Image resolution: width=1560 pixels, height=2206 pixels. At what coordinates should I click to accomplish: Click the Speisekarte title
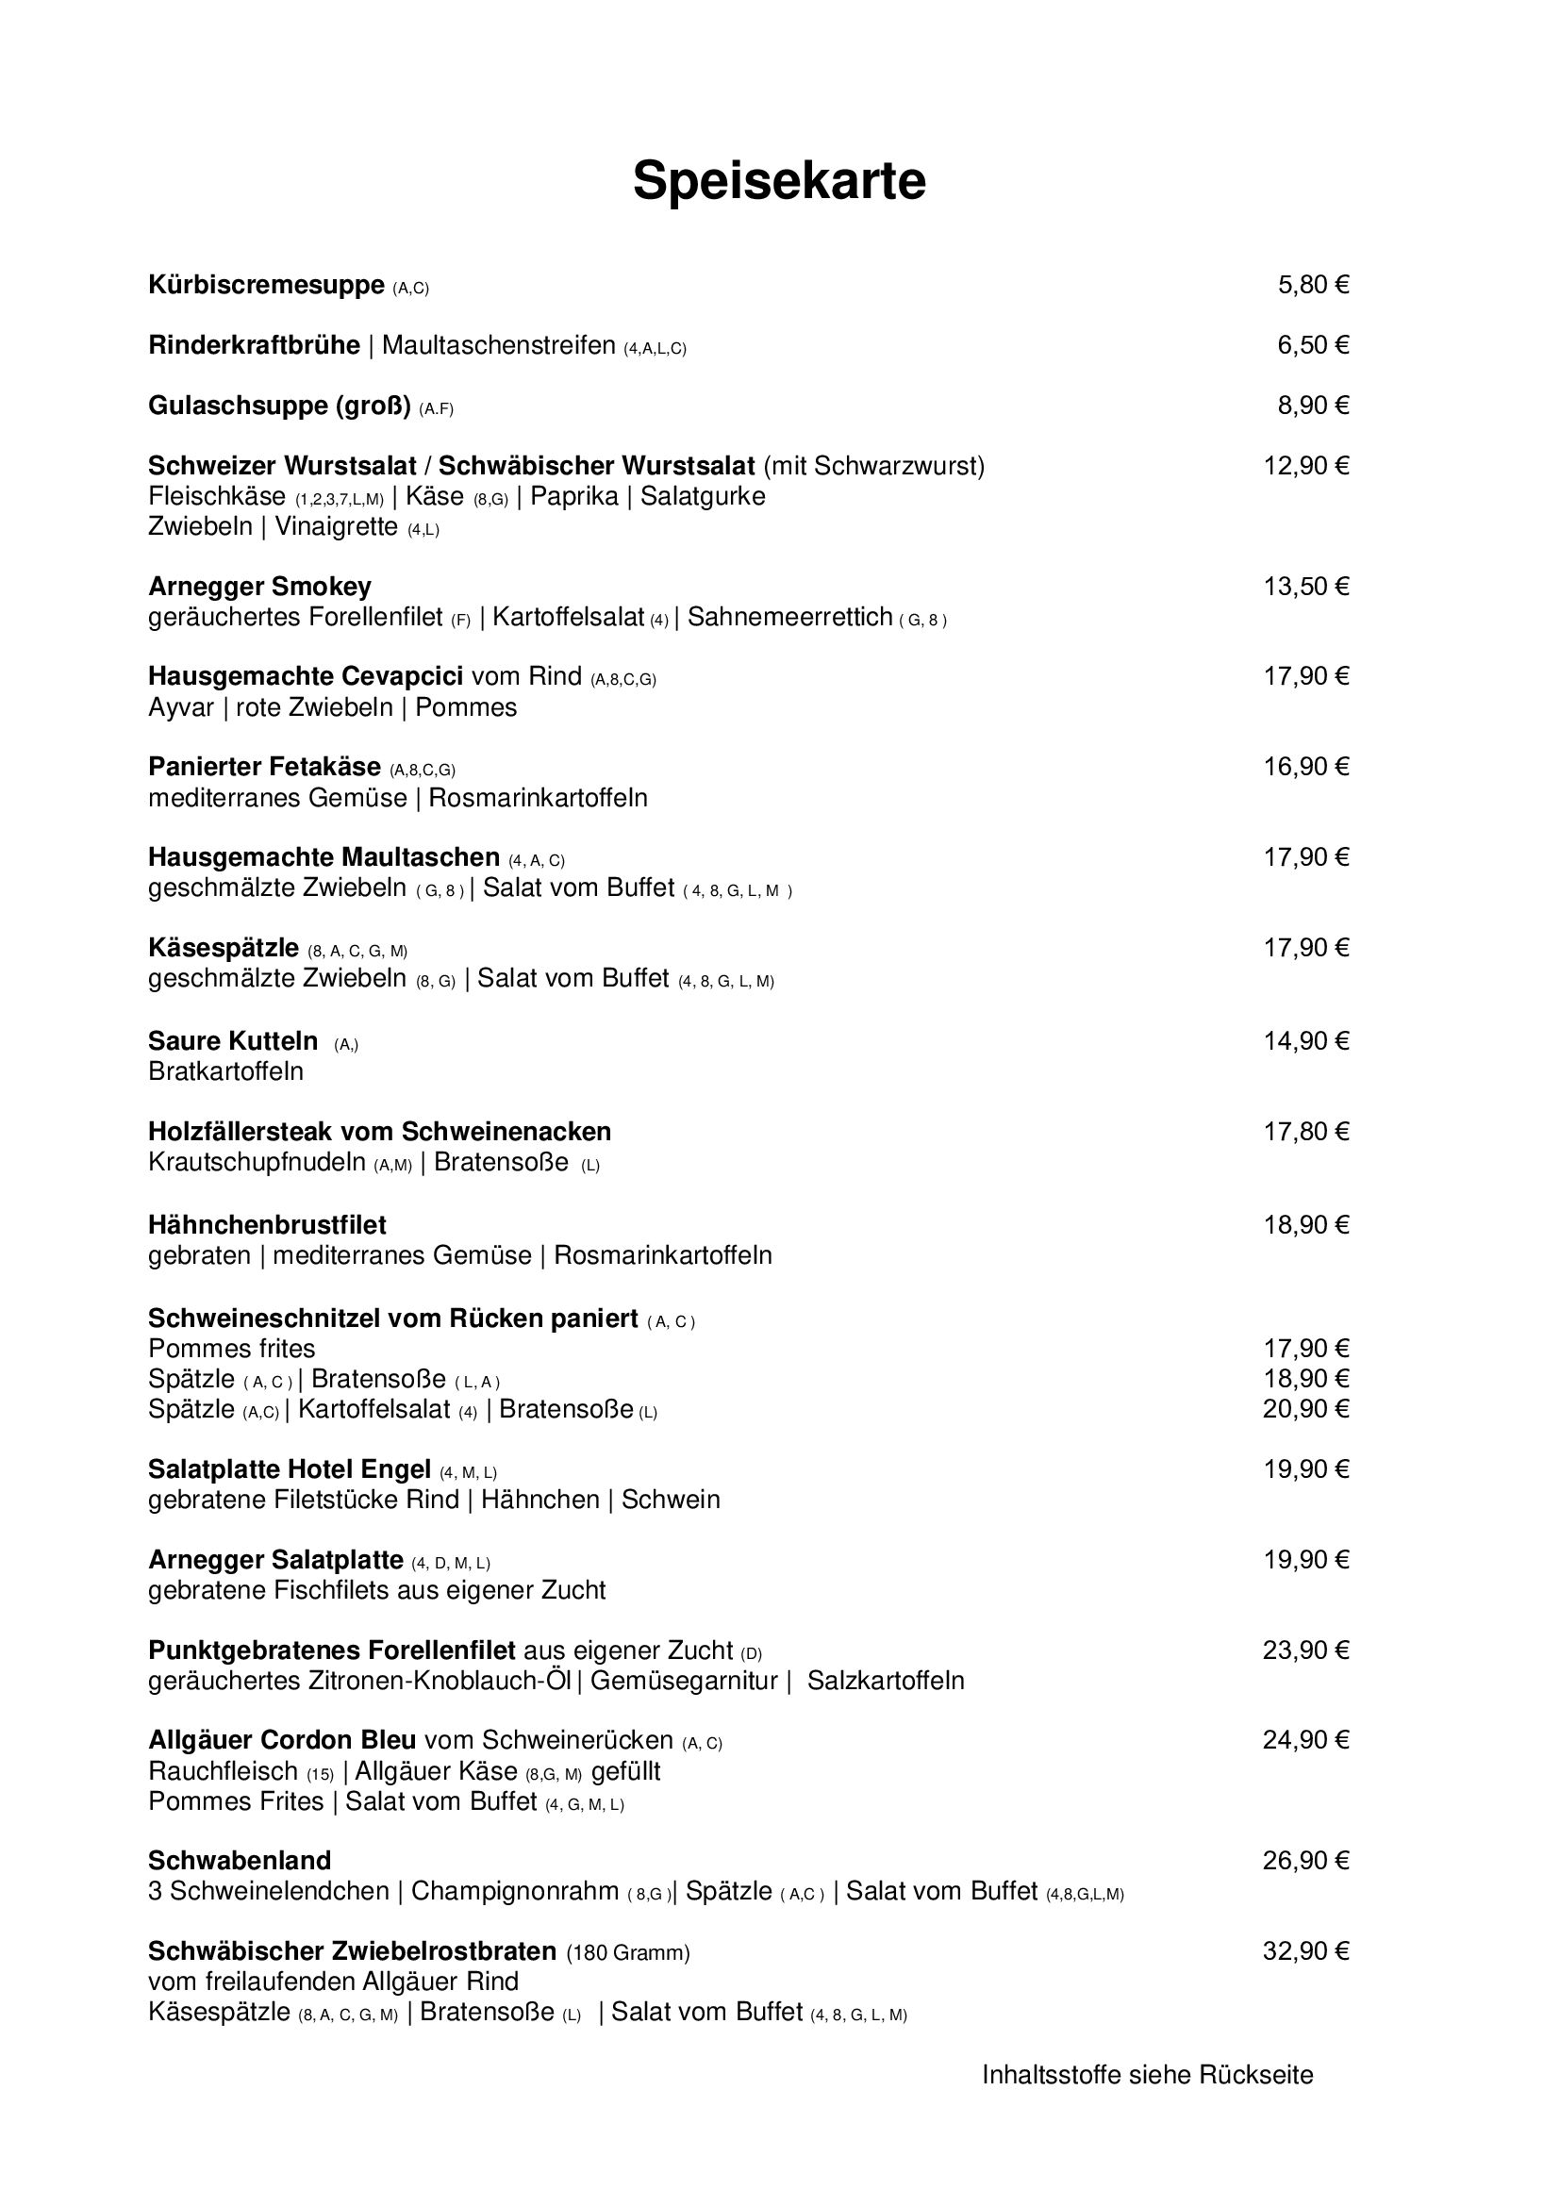(779, 181)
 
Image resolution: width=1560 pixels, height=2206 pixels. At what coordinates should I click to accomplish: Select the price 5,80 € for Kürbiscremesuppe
(1312, 286)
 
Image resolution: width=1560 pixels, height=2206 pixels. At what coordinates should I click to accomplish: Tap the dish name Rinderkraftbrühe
(254, 346)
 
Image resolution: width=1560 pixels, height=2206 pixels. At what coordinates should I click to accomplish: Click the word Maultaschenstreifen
(499, 346)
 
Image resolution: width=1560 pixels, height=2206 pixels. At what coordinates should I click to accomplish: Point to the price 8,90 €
(1312, 406)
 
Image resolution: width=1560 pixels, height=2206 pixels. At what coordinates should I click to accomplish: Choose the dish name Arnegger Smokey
(259, 587)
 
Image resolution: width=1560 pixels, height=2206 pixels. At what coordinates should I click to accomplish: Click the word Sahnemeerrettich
(789, 618)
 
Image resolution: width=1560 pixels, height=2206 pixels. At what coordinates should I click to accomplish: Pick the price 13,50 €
(1305, 587)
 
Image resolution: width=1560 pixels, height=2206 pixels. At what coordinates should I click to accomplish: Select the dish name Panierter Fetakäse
(264, 768)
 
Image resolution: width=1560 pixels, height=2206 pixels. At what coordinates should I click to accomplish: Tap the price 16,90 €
(1305, 768)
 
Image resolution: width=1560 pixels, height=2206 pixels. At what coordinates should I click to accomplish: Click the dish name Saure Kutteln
(232, 1041)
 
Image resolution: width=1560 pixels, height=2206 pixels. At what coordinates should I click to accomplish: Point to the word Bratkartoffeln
(225, 1072)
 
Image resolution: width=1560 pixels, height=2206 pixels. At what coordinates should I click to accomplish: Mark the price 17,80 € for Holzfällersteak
(1305, 1132)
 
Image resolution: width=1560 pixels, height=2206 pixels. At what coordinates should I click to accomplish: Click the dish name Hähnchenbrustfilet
(267, 1226)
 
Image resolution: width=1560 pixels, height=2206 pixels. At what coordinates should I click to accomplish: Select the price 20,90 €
(1305, 1409)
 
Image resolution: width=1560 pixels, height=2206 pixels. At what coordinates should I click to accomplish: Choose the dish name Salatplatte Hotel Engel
(290, 1470)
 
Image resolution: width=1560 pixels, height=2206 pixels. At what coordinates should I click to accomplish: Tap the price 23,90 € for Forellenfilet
(1305, 1650)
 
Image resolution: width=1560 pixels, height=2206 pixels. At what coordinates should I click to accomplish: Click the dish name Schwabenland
(240, 1861)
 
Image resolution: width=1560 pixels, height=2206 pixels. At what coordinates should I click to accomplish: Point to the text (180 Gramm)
(628, 1953)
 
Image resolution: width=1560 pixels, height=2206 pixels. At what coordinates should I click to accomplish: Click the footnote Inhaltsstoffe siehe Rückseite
(1147, 2075)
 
